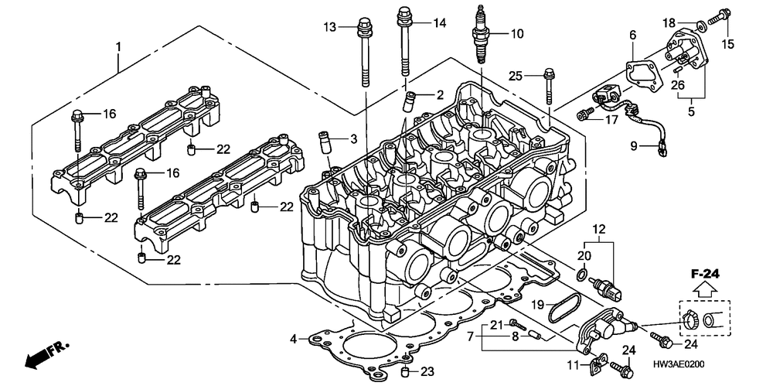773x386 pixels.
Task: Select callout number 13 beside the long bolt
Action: click(331, 28)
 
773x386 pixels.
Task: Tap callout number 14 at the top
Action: click(440, 23)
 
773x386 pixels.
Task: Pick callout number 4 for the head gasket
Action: click(294, 339)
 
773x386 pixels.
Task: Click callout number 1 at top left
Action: click(118, 47)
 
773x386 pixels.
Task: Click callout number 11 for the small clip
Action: click(573, 364)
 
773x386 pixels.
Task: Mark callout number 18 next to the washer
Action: click(669, 22)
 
